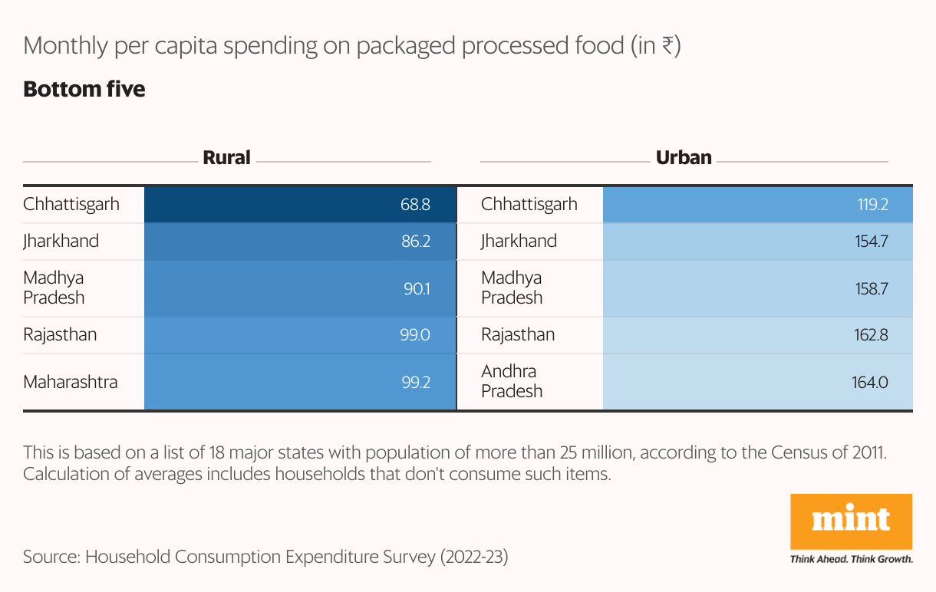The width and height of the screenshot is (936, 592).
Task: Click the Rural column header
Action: pos(226,158)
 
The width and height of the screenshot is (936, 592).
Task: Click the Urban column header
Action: pos(684,158)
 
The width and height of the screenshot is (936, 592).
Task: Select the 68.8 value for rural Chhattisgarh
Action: pos(414,205)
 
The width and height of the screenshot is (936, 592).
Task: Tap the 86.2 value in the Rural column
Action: pos(414,242)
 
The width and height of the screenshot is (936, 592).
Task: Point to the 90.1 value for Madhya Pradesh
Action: pos(416,288)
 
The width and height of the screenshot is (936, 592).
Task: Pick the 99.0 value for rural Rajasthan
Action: pos(414,335)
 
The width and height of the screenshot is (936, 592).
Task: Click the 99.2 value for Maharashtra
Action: pos(415,381)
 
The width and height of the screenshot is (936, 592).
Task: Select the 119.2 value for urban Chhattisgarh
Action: pos(872,205)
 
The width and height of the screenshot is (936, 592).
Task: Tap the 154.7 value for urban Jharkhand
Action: pos(872,242)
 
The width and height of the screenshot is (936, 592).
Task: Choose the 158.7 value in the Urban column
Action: pos(872,288)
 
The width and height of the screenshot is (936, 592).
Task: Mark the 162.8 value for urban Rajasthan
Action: pos(872,335)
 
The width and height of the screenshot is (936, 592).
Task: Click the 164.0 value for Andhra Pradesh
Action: pos(870,381)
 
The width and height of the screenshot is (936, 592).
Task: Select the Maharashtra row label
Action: pos(71,381)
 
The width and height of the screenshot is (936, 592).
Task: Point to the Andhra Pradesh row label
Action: pos(512,381)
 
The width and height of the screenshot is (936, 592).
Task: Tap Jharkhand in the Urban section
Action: pos(519,242)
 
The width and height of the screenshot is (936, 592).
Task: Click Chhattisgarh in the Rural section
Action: pos(71,205)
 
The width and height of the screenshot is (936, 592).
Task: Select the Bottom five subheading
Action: pos(84,90)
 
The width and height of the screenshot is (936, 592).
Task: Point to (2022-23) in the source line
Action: pos(474,557)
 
